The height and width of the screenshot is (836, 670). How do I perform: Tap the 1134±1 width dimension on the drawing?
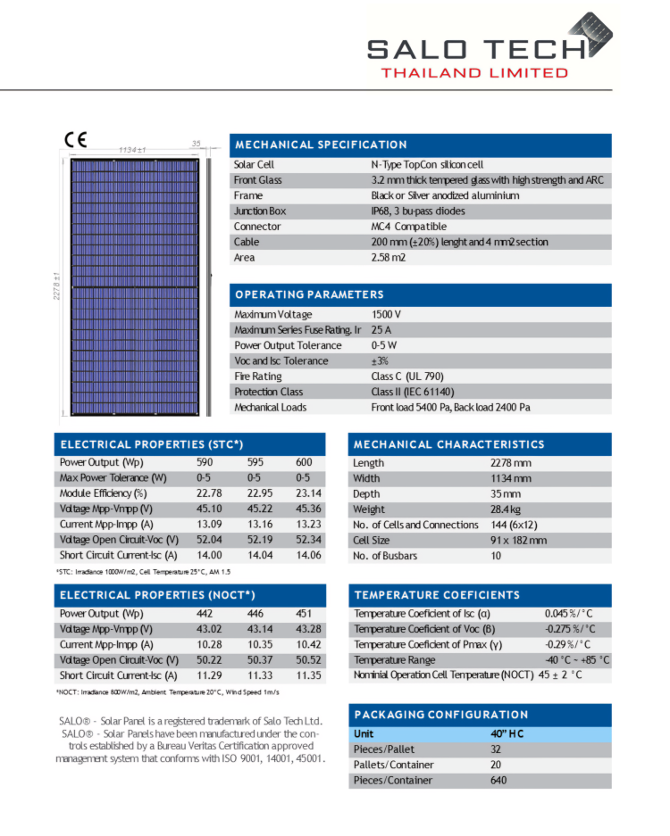click(132, 151)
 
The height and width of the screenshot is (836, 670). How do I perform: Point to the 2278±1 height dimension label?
click(55, 286)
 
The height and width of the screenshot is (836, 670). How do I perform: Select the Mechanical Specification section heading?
click(321, 145)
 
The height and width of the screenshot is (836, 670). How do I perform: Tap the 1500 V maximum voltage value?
click(386, 315)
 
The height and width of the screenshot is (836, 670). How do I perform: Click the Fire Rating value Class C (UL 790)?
click(407, 377)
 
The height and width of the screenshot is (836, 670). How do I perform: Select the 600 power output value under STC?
click(305, 463)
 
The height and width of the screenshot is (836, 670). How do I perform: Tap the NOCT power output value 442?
click(205, 614)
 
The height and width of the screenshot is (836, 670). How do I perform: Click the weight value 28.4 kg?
click(507, 509)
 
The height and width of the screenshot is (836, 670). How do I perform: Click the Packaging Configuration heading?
click(441, 715)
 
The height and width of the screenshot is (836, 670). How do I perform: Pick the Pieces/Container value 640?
click(498, 781)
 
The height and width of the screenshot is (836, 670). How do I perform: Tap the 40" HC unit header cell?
click(507, 733)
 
